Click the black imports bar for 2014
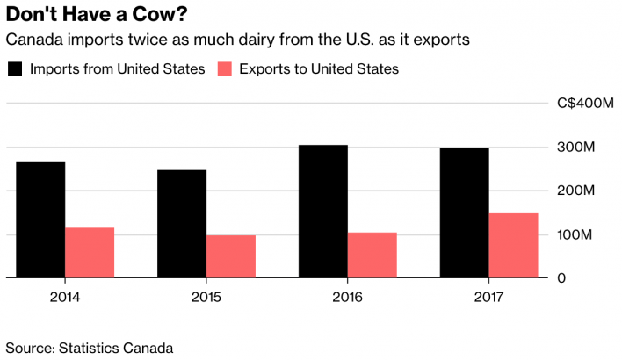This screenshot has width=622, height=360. coord(40,220)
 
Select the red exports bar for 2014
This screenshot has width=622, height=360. coord(90,253)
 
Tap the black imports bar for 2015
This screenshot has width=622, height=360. coord(182,224)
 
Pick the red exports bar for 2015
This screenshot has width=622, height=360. coord(231,256)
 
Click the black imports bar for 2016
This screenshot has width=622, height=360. coord(323,212)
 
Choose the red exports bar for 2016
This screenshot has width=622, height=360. coord(372,256)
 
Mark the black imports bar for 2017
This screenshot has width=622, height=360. coord(464,212)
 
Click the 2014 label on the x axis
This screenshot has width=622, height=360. coord(65,296)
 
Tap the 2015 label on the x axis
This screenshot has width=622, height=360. coord(206,296)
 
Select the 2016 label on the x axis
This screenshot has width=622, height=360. coord(348,296)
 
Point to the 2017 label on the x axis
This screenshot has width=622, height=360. coord(488,296)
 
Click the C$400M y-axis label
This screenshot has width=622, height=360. coord(585,104)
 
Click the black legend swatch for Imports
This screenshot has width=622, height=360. coord(15,68)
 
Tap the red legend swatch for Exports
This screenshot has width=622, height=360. coord(224,68)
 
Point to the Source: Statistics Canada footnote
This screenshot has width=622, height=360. coord(89,348)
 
